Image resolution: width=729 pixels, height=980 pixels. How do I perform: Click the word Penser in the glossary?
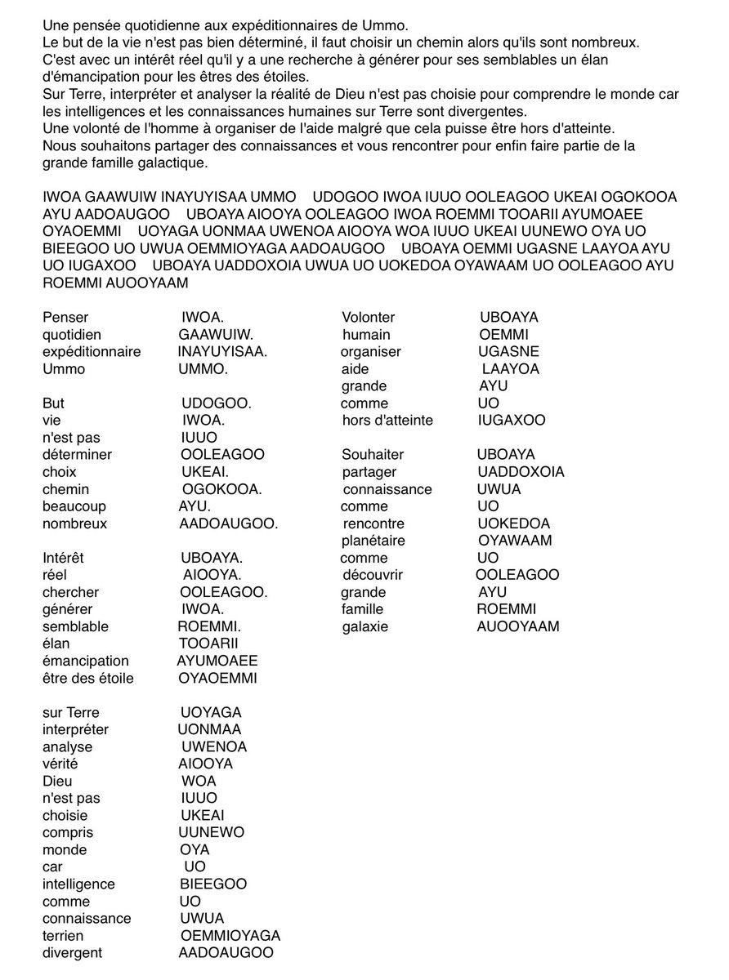(65, 317)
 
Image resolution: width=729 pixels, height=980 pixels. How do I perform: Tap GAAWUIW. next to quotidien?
(216, 334)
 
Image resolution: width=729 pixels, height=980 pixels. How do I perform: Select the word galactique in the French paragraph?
(151, 163)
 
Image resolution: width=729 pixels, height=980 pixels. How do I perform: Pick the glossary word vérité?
(62, 764)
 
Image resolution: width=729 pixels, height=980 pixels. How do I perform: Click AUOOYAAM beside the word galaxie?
(517, 626)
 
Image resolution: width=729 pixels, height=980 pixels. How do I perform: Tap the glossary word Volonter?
(368, 317)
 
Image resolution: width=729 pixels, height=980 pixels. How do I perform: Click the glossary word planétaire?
(373, 541)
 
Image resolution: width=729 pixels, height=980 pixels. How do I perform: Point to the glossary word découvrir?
(374, 575)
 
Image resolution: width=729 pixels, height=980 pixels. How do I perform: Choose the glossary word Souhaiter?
(373, 454)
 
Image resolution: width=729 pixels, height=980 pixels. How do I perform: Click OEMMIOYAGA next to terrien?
(230, 935)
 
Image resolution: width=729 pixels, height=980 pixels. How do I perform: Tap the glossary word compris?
(68, 832)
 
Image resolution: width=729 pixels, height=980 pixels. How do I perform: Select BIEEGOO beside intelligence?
(212, 884)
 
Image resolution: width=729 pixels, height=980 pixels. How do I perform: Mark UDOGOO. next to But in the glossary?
(216, 403)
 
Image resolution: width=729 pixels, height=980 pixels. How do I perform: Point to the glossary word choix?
(59, 472)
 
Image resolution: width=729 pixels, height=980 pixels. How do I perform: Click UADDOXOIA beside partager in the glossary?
(521, 472)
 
